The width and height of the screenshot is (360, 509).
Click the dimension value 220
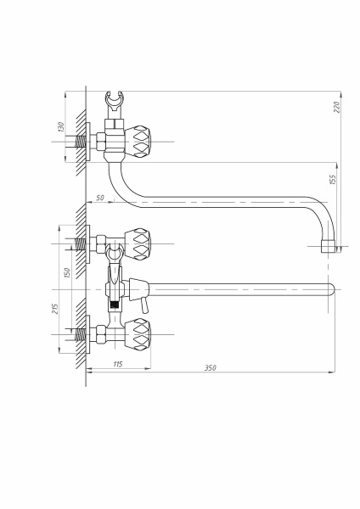click(x=337, y=107)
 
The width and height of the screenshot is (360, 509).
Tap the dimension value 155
click(x=333, y=180)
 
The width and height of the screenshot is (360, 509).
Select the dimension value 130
click(x=61, y=127)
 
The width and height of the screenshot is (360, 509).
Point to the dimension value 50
click(x=100, y=198)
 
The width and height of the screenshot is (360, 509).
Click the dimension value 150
click(x=66, y=272)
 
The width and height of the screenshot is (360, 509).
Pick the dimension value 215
click(x=55, y=309)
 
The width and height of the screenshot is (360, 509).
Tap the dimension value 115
click(x=118, y=364)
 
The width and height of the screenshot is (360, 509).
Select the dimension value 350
click(x=211, y=368)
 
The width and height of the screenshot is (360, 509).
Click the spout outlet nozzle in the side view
click(x=328, y=246)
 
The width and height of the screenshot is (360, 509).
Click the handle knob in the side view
click(x=138, y=142)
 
